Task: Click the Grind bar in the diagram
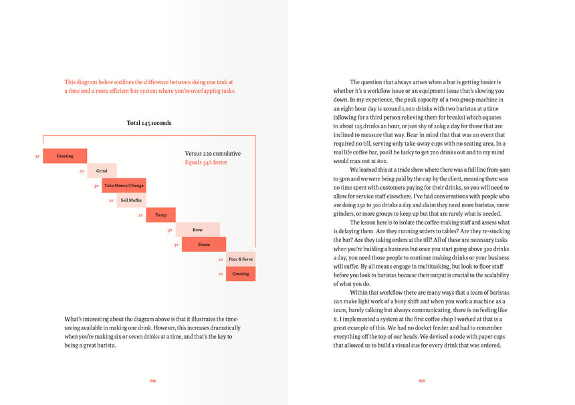pyautogui.click(x=102, y=171)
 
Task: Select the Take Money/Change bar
pyautogui.click(x=124, y=186)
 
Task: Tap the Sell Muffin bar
pyautogui.click(x=131, y=200)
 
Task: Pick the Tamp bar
pyautogui.click(x=160, y=215)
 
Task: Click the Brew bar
pyautogui.click(x=197, y=230)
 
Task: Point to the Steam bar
pyautogui.click(x=204, y=245)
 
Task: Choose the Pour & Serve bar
pyautogui.click(x=241, y=259)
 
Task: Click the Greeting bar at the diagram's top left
pyautogui.click(x=65, y=156)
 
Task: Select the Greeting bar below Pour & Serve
pyautogui.click(x=241, y=273)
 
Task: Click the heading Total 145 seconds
pyautogui.click(x=149, y=123)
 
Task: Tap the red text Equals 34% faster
pyautogui.click(x=206, y=162)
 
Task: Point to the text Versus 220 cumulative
pyautogui.click(x=213, y=154)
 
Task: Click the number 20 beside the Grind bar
pyautogui.click(x=81, y=172)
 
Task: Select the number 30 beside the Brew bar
pyautogui.click(x=170, y=231)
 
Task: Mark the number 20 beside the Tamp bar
pyautogui.click(x=140, y=215)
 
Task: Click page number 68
pyautogui.click(x=153, y=381)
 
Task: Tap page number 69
pyautogui.click(x=422, y=381)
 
